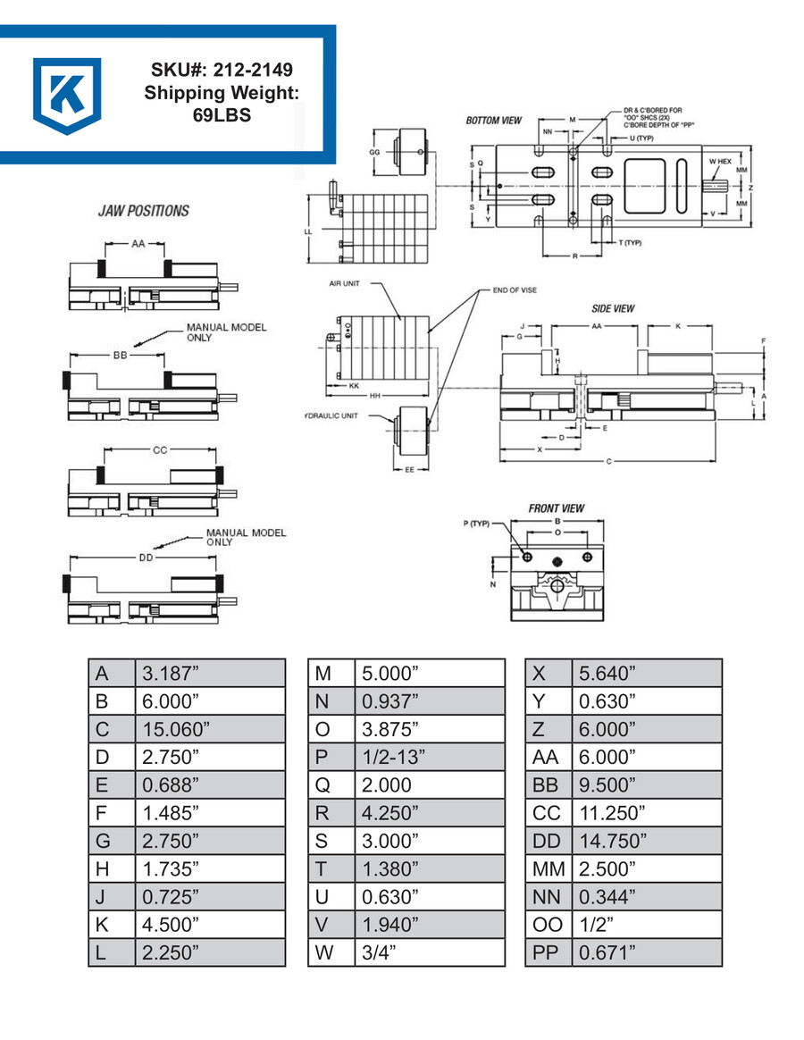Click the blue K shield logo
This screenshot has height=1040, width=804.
point(67,95)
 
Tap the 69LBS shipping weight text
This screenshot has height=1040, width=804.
point(222,115)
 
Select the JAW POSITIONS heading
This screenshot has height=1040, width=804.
point(144,211)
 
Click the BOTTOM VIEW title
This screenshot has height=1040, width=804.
point(494,121)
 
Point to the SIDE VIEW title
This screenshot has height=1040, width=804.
point(613,308)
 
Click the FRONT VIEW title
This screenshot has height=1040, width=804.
point(556,507)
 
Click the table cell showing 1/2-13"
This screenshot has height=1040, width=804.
point(394,756)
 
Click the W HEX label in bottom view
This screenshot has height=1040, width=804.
point(720,161)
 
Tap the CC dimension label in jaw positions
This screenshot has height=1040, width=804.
point(160,449)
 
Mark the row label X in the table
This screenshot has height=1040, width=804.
point(539,673)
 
